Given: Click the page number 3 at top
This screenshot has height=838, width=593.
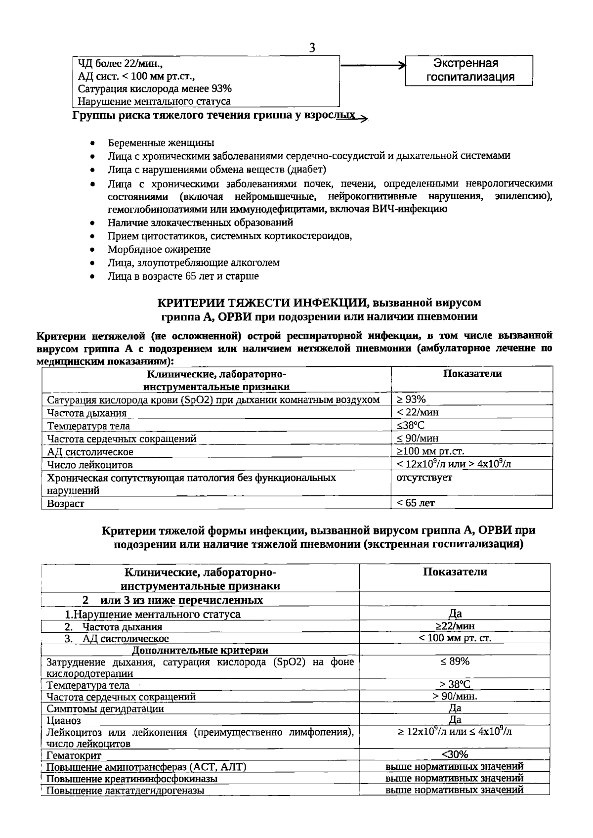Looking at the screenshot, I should coord(312,48).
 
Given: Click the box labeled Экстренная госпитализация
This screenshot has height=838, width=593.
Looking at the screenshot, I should coord(469,70).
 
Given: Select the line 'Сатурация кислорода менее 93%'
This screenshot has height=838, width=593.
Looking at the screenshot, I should coord(155,89).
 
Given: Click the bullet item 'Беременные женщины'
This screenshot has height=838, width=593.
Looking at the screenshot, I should coord(161,143).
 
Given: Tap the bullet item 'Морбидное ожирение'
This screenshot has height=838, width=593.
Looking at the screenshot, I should coord(159,249).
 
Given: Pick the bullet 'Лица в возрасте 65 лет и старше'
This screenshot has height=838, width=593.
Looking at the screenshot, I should coord(183,276).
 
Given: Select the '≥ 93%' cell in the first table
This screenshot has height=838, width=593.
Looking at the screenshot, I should coord(411,399).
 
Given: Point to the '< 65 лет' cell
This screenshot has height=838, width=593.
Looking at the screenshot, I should coord(416,503).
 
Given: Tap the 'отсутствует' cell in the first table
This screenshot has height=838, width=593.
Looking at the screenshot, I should coord(424,478).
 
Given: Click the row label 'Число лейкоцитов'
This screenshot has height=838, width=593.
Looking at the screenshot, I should coord(90,465).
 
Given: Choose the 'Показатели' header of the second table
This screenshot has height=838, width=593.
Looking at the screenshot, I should coord(455,572).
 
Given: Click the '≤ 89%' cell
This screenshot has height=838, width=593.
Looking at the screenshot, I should coord(455,662).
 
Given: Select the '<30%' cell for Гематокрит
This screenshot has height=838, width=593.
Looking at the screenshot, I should coord(455,754).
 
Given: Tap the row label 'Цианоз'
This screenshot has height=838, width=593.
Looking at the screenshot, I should coord(64,721).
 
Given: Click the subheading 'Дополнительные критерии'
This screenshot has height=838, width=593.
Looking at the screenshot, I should coord(200,650).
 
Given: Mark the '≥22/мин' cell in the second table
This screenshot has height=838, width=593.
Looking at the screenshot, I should coord(455,626).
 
